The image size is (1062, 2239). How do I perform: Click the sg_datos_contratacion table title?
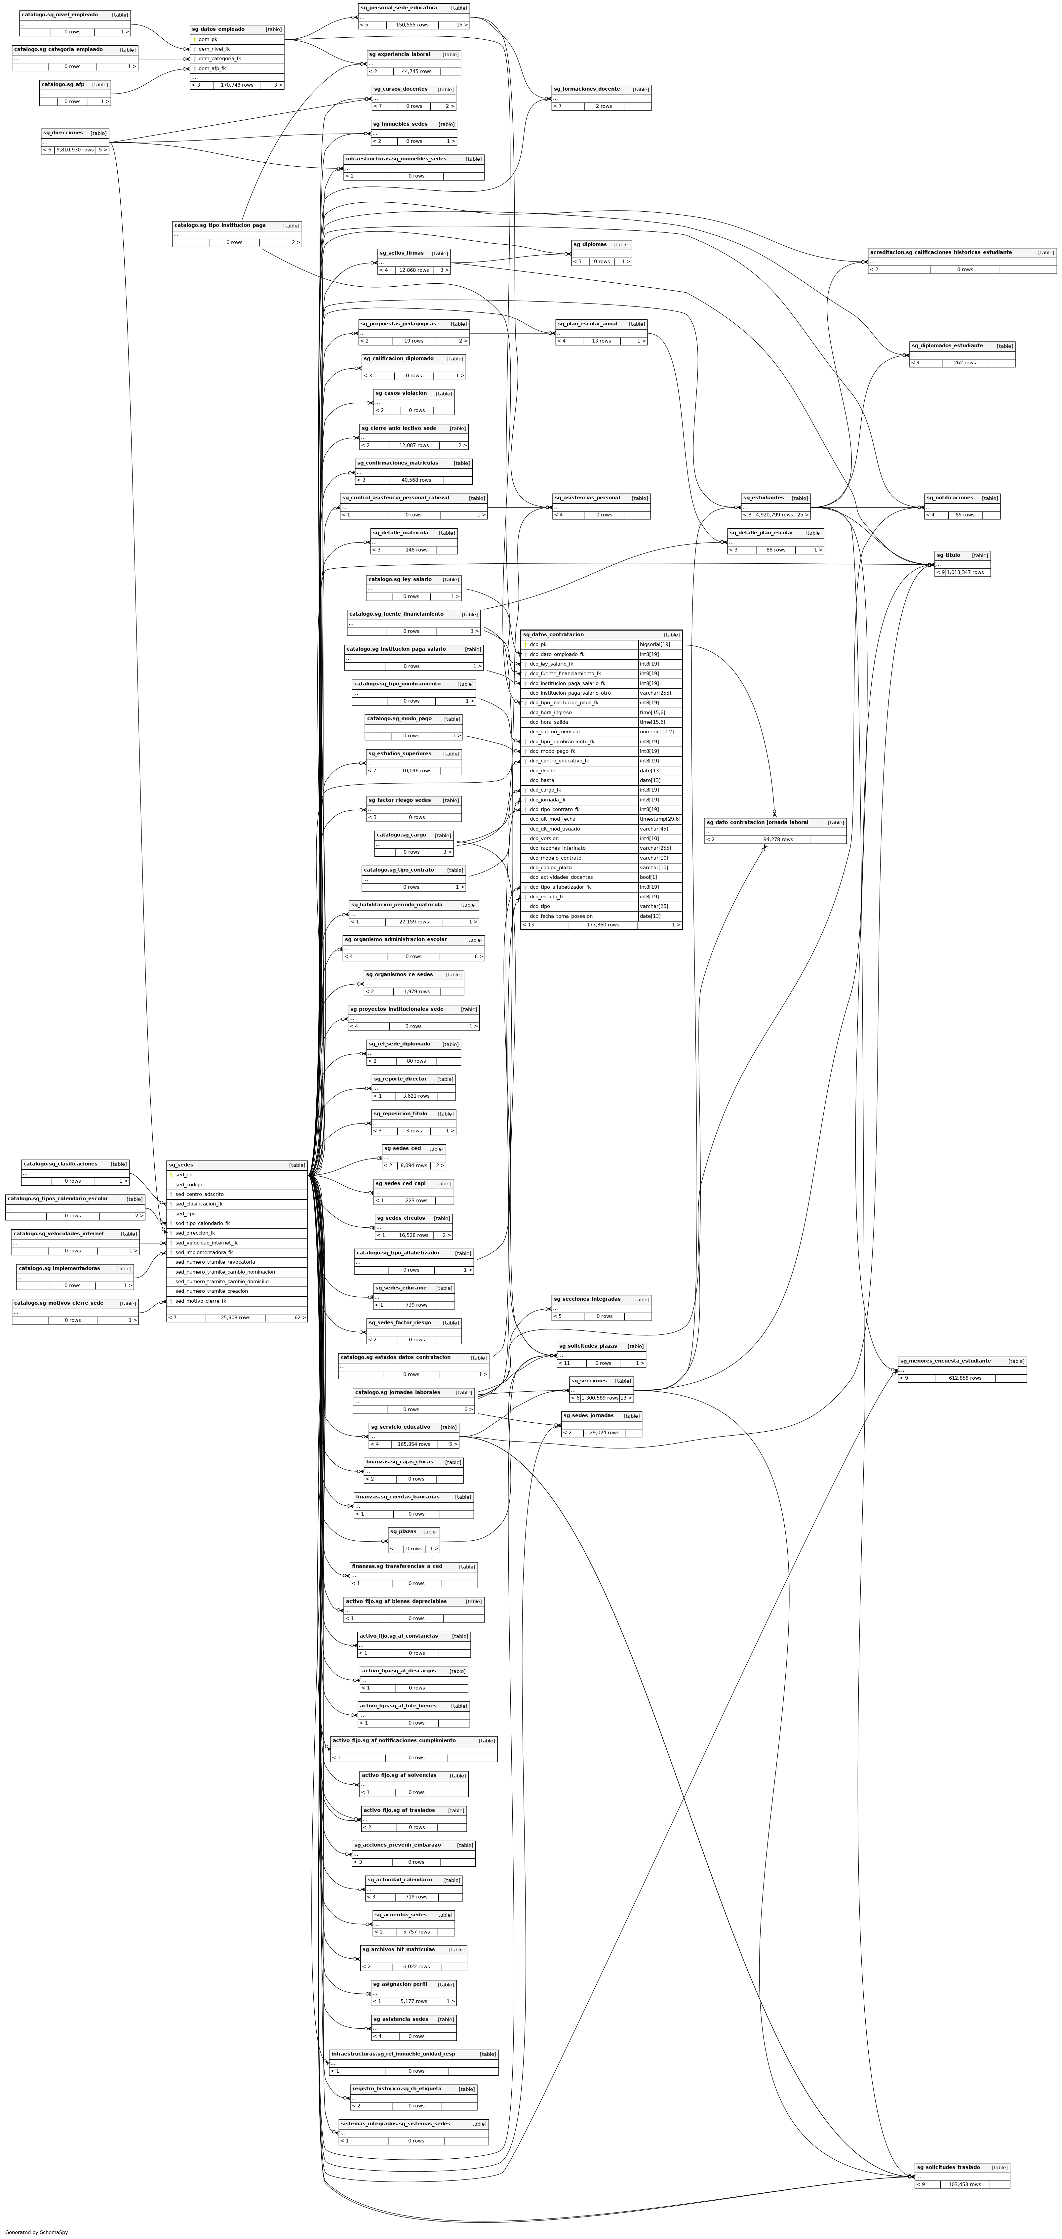click(x=554, y=634)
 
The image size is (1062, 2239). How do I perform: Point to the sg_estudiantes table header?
click(x=763, y=498)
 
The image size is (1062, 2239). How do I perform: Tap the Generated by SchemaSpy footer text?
click(x=36, y=2232)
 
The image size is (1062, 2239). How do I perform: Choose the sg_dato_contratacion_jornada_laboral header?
click(x=757, y=822)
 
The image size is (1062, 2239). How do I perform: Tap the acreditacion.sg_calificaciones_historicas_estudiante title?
click(x=940, y=252)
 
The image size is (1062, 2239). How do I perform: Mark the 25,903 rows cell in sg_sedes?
click(x=236, y=1318)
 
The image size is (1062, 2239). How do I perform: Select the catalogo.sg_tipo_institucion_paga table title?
click(x=220, y=225)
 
